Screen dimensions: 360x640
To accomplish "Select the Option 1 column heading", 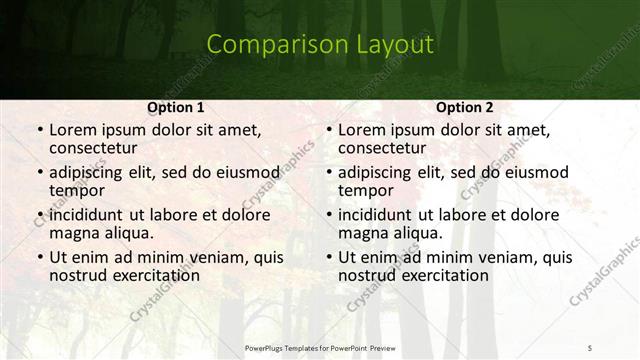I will point(176,107).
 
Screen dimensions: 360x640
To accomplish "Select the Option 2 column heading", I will point(465,107).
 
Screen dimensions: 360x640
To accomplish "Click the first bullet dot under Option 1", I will point(39,131).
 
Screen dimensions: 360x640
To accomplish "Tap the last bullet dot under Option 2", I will point(328,257).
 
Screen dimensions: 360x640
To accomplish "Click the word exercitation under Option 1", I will point(153,274).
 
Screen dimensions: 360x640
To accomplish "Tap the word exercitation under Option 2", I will point(442,274).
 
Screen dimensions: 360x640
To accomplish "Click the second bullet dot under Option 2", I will point(328,173).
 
